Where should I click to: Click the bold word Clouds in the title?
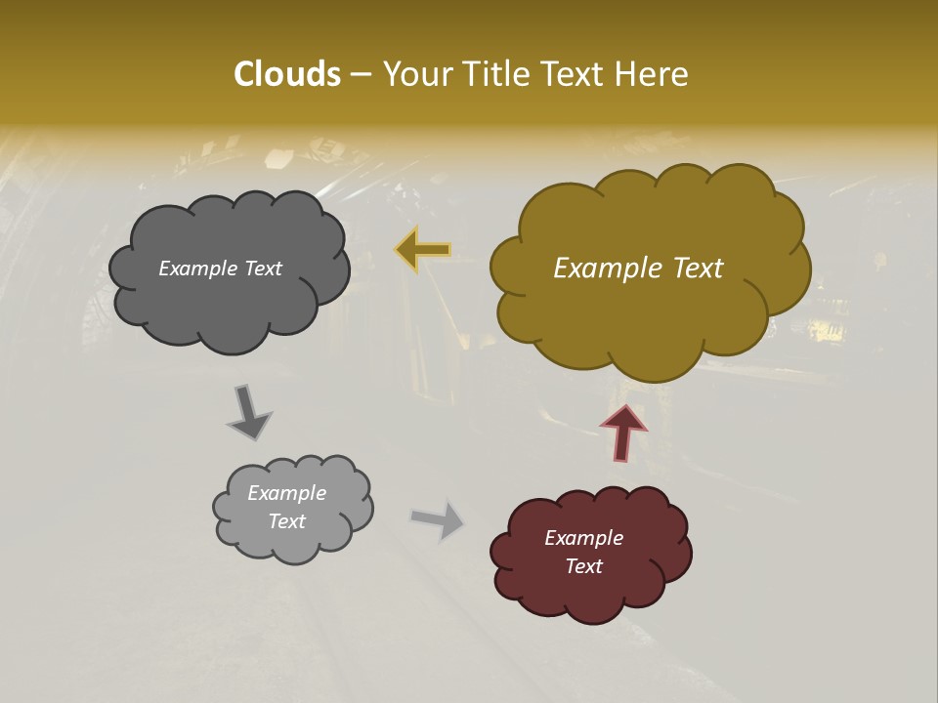[x=287, y=74]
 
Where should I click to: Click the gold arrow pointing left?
[x=423, y=250]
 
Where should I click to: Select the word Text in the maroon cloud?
[x=583, y=566]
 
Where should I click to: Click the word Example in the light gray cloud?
[x=286, y=493]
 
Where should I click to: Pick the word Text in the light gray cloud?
[x=286, y=521]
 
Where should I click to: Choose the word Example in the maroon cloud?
[x=583, y=538]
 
